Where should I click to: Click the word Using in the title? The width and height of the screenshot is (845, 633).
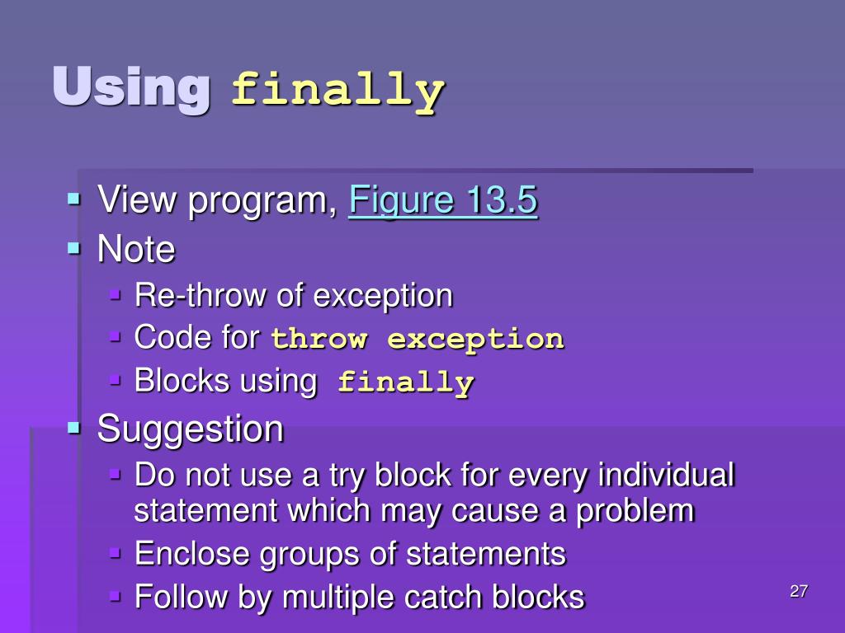130,88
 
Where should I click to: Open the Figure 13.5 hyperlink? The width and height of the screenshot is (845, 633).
443,201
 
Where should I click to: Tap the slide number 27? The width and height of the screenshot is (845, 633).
798,591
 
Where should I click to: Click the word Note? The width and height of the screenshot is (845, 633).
136,249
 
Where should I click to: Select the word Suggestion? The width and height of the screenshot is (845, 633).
190,429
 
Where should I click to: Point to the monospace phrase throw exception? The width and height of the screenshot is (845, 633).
418,339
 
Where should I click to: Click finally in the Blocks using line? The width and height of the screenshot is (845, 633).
406,382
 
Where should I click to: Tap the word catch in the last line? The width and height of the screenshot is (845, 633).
449,597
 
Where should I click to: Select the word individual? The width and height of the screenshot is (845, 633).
665,476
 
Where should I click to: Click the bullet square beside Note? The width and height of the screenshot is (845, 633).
75,247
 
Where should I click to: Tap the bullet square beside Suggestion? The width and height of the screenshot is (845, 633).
75,427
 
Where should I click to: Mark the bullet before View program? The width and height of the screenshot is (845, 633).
75,199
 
